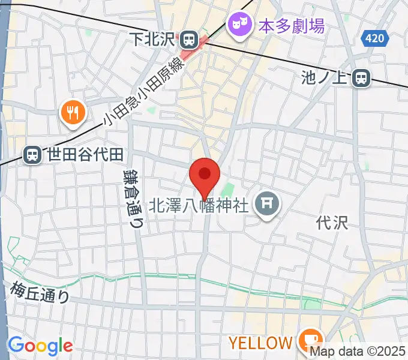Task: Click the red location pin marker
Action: point(204,176)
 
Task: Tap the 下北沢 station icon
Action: point(190,40)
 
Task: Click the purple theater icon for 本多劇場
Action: point(239,25)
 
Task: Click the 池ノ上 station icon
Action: point(361,77)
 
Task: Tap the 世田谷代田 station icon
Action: point(32,155)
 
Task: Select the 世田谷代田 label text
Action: point(82,155)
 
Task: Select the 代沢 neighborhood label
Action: point(332,223)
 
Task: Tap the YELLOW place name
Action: point(260,343)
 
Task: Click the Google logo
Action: point(40,345)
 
